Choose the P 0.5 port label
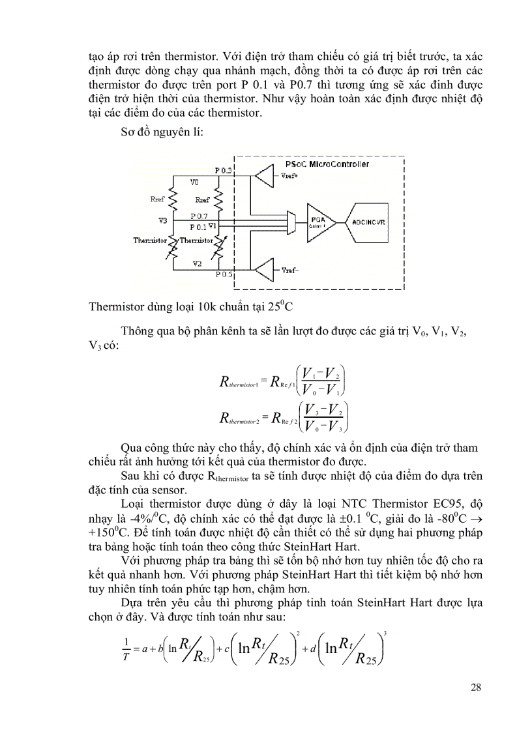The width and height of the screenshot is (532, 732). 224,275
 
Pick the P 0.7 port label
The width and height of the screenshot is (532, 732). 199,215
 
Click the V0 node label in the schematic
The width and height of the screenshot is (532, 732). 195,182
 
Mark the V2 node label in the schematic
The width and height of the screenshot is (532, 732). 196,263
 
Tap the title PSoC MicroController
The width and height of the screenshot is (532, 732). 327,164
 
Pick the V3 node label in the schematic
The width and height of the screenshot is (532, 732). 162,220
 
